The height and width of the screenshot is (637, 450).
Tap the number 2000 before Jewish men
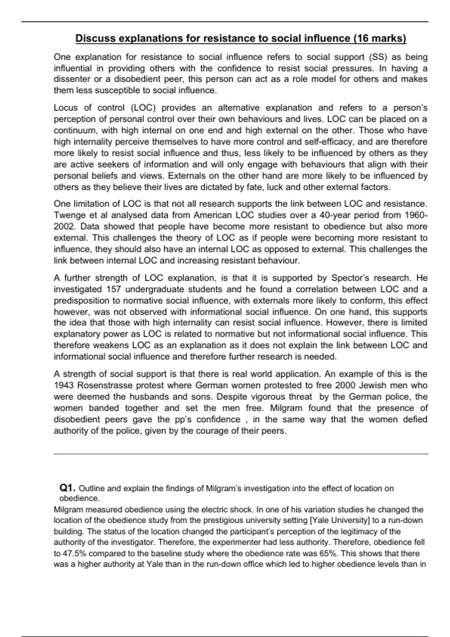point(345,385)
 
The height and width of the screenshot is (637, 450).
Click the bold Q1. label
point(67,488)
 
